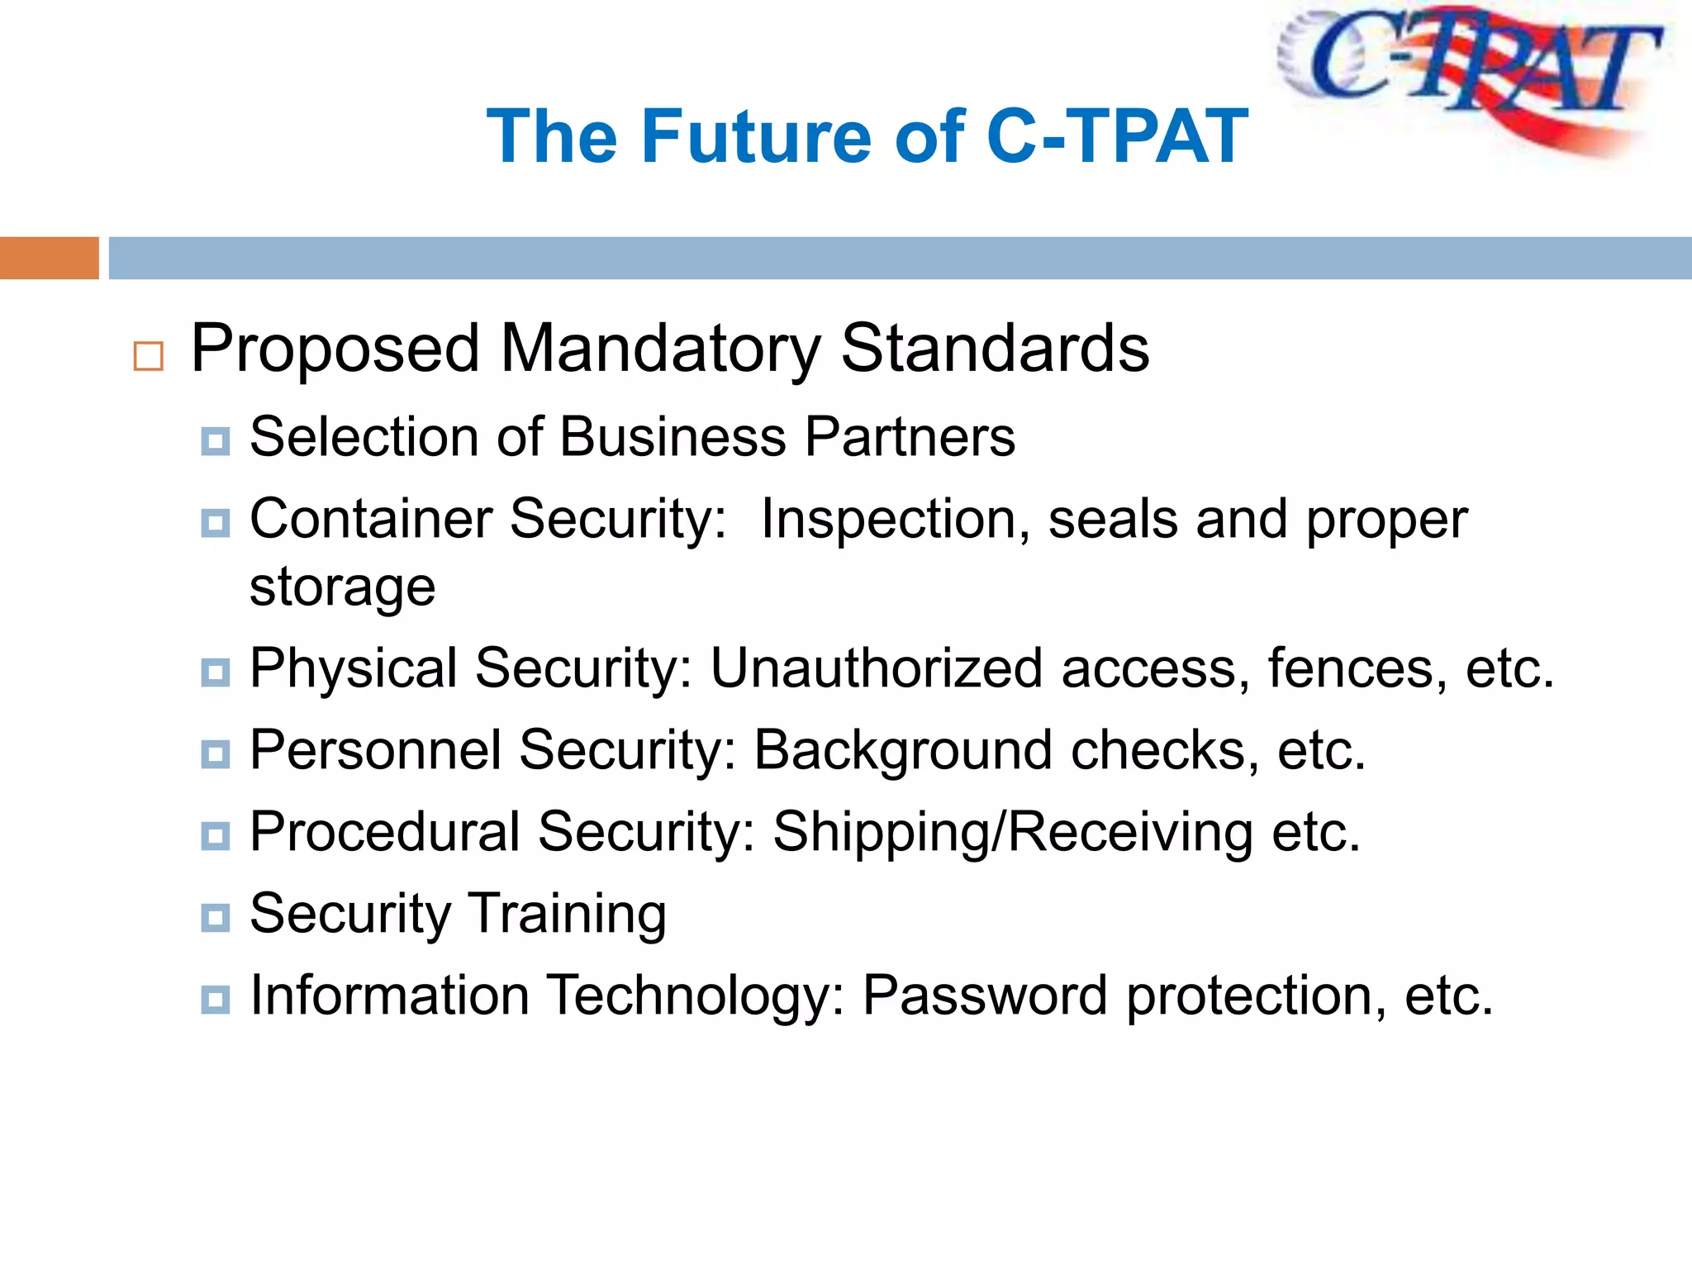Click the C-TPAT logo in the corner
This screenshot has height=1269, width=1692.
(x=1471, y=78)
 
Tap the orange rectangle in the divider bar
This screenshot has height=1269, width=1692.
(x=49, y=258)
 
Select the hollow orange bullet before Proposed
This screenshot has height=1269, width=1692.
(x=149, y=356)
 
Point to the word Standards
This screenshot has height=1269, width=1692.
(x=995, y=349)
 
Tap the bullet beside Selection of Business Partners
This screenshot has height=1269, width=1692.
(x=216, y=441)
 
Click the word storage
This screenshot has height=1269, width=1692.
(x=342, y=588)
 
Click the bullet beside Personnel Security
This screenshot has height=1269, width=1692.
(x=216, y=753)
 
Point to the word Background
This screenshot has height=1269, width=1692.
(x=903, y=750)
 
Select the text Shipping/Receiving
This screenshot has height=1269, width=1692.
(x=1012, y=832)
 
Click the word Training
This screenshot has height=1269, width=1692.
(x=568, y=915)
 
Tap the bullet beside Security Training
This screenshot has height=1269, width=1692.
(x=216, y=917)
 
